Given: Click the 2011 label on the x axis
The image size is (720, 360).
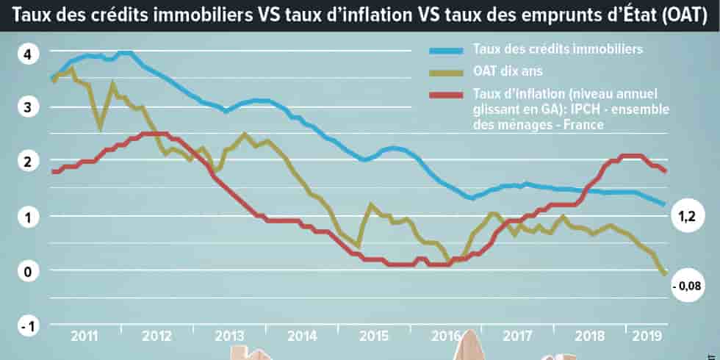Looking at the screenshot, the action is [85, 336].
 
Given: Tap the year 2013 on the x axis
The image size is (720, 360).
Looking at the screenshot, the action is [230, 336].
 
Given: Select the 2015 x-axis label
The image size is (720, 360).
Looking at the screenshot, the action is [374, 336].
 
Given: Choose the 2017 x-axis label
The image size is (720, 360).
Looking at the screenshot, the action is [518, 336].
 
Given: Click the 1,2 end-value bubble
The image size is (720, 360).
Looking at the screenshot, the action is [685, 219].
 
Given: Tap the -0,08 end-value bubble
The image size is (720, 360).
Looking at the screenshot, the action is [685, 286].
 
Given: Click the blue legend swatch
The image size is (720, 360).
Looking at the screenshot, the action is [447, 51].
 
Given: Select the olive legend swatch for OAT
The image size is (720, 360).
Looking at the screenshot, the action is [447, 73].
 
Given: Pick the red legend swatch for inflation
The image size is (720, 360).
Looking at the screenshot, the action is [447, 95].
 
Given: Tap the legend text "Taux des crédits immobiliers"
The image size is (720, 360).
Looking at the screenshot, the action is [558, 50].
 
